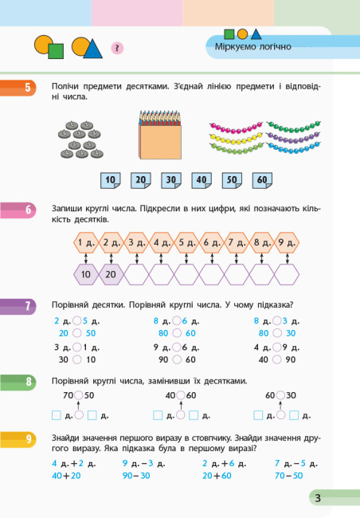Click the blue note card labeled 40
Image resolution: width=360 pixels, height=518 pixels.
[202, 180]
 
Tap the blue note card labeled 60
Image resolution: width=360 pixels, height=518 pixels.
[262, 180]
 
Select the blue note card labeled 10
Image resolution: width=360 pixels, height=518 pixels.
[111, 180]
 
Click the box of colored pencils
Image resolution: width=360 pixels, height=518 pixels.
[160, 135]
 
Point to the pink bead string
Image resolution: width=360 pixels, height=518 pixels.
[236, 128]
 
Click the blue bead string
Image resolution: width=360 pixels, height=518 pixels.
[293, 147]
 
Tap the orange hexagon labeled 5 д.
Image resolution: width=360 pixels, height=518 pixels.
[186, 243]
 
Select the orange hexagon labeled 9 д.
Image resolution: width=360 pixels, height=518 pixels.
[287, 243]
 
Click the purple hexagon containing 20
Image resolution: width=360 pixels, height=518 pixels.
[111, 274]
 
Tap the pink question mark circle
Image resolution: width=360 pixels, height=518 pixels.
[117, 49]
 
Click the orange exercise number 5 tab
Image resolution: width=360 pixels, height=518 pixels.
[18, 88]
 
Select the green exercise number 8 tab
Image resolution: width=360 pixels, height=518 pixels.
[18, 383]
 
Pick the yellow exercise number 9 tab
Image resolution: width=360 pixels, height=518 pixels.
[18, 439]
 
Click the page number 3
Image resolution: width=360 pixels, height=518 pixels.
[318, 498]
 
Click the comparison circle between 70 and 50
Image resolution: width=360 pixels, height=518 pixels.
[79, 395]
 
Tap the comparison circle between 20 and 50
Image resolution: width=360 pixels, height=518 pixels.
[77, 333]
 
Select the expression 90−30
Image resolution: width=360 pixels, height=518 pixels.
[136, 476]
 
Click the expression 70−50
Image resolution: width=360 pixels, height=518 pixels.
[288, 476]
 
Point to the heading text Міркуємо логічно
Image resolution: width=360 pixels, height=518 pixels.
[253, 46]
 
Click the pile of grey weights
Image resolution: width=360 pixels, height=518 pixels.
[81, 139]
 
